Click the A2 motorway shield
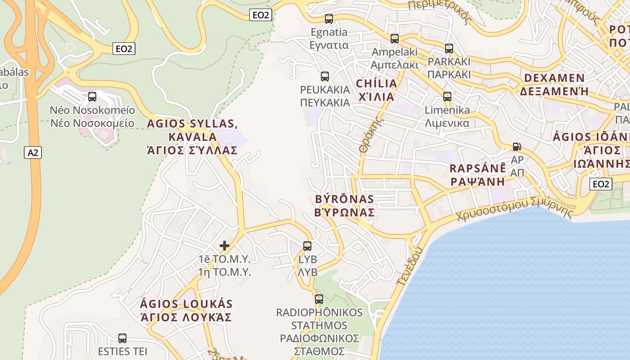click(33, 153)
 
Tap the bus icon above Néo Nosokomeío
click(92, 97)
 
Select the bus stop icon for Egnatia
click(329, 19)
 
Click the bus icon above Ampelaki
click(395, 39)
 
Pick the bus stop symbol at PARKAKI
click(449, 49)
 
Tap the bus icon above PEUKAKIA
click(325, 76)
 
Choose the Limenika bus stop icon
click(447, 97)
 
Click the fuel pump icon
click(517, 147)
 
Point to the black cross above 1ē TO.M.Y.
click(225, 246)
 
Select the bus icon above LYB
click(307, 246)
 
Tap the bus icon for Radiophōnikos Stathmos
click(319, 299)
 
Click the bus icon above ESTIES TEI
click(122, 338)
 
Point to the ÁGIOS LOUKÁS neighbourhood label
click(186, 310)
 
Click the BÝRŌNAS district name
click(345, 206)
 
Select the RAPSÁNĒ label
click(478, 175)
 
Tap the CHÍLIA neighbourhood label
click(376, 90)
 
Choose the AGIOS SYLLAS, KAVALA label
click(193, 137)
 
